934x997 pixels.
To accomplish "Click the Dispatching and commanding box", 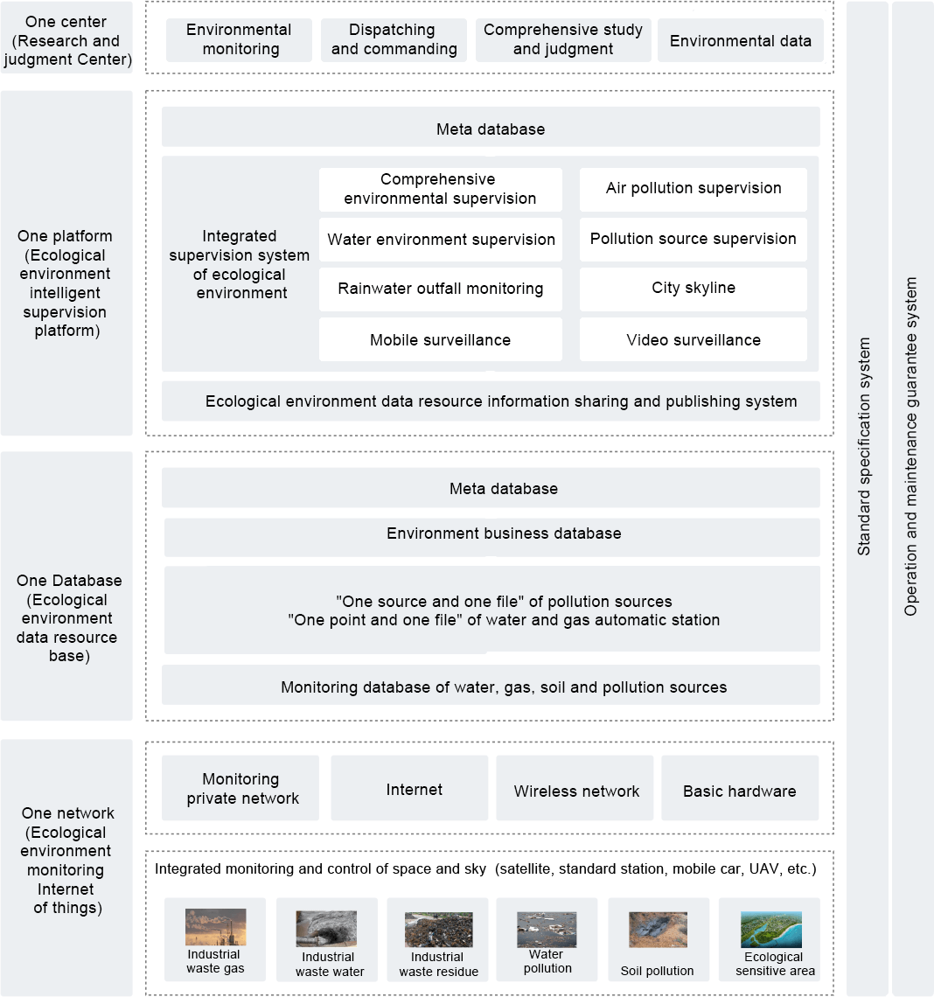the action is pos(394,39).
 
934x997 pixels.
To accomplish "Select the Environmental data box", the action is pos(740,39).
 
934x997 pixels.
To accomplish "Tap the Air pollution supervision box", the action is pos(693,190).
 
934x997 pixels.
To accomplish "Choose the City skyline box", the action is pos(693,289).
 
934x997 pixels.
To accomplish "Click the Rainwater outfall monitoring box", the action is pos(441,289).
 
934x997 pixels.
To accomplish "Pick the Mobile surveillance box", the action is pos(441,339).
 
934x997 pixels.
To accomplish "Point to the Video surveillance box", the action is pos(693,339).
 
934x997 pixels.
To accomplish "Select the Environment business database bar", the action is pos(492,537).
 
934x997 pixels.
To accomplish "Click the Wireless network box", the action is pos(575,788).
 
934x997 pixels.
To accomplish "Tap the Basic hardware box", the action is pos(740,788).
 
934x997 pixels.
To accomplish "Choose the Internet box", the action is pos(409,788).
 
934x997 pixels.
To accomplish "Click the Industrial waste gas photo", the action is pos(215,927).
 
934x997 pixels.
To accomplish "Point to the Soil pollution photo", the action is pos(658,930).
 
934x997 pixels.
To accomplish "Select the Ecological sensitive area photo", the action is pos(771,930).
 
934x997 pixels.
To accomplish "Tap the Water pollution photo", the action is pos(547,930).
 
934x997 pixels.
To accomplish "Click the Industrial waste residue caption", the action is pos(438,964).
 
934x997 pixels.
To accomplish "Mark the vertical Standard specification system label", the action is pos(864,446).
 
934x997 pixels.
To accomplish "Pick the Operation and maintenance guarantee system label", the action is pos(911,446).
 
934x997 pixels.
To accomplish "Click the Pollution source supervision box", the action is pos(693,239).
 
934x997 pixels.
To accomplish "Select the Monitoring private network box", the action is pos(240,788).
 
